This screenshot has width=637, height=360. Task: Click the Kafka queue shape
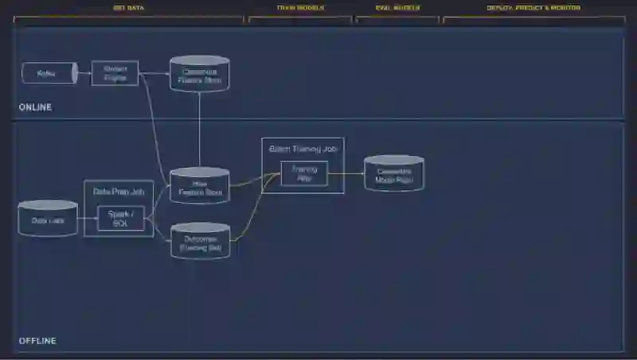coord(49,73)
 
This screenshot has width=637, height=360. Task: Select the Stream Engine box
coord(115,73)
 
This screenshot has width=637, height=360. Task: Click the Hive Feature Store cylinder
coord(199,186)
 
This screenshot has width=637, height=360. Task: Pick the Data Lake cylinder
coord(48,219)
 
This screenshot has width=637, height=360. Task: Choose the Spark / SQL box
coord(121,218)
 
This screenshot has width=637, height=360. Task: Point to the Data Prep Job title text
coord(119,191)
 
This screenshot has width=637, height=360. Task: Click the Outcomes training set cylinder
coord(201,243)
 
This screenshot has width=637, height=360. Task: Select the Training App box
coord(303,174)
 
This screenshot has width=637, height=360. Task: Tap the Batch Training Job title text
coord(303,149)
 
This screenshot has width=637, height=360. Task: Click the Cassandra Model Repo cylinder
coord(393,175)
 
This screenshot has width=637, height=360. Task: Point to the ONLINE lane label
coord(35,107)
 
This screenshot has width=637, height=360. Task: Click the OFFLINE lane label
coord(37,341)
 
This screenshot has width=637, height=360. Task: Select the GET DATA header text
coord(128,8)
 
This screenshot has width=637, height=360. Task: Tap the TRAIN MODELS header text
coord(300,8)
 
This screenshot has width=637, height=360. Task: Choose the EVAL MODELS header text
coord(397,8)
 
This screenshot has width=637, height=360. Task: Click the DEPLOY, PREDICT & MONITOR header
coord(533,8)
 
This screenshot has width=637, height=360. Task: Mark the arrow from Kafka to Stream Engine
coord(84,73)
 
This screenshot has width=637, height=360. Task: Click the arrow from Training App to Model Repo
coord(346,174)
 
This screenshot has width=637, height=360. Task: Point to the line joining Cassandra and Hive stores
coord(199,127)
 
